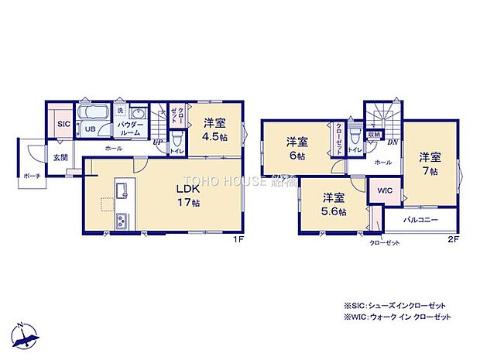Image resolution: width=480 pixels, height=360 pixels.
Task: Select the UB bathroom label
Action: click(x=90, y=129)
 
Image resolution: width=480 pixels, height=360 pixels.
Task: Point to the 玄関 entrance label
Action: click(x=60, y=157)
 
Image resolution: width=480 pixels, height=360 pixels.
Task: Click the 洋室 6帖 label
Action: click(x=297, y=148)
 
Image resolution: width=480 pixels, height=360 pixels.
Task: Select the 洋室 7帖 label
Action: click(x=430, y=162)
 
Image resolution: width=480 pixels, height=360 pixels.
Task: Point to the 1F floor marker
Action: click(x=240, y=240)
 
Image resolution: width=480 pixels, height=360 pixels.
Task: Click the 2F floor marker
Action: click(x=454, y=240)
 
